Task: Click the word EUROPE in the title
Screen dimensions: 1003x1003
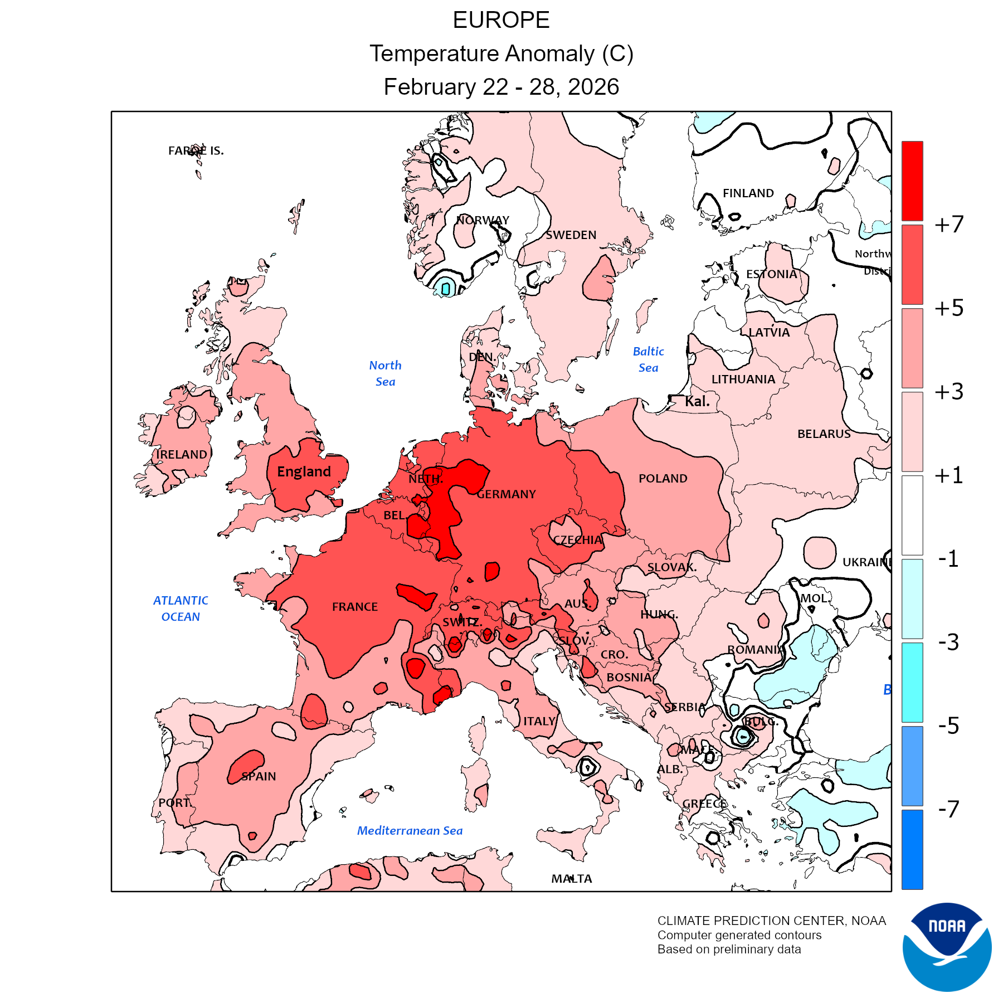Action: pyautogui.click(x=501, y=21)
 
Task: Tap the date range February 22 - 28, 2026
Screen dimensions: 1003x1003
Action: pyautogui.click(x=501, y=87)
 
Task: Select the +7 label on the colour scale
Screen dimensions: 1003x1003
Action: pyautogui.click(x=949, y=225)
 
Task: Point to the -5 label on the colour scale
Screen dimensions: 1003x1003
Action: pyautogui.click(x=949, y=726)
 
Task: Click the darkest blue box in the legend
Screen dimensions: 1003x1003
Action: pyautogui.click(x=912, y=849)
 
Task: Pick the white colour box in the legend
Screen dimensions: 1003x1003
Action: pyautogui.click(x=912, y=515)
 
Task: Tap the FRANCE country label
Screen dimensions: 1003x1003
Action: pyautogui.click(x=355, y=607)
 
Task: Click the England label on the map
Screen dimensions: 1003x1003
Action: pyautogui.click(x=304, y=472)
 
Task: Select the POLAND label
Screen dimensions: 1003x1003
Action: pyautogui.click(x=663, y=479)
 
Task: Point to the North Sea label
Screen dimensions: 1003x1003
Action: pyautogui.click(x=385, y=373)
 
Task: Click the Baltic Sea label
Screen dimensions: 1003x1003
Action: pyautogui.click(x=649, y=359)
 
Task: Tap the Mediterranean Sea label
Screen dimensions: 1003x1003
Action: pyautogui.click(x=410, y=831)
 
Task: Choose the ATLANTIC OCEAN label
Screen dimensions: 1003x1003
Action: pyautogui.click(x=181, y=608)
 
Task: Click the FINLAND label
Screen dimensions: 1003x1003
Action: pyautogui.click(x=748, y=193)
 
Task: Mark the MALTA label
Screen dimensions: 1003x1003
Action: pyautogui.click(x=572, y=879)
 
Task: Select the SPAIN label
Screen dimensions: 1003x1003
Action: pyautogui.click(x=259, y=776)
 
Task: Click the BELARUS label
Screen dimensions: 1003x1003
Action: pyautogui.click(x=824, y=434)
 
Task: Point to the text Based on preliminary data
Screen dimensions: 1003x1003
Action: pyautogui.click(x=729, y=950)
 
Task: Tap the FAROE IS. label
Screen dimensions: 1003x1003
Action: pyautogui.click(x=196, y=150)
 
